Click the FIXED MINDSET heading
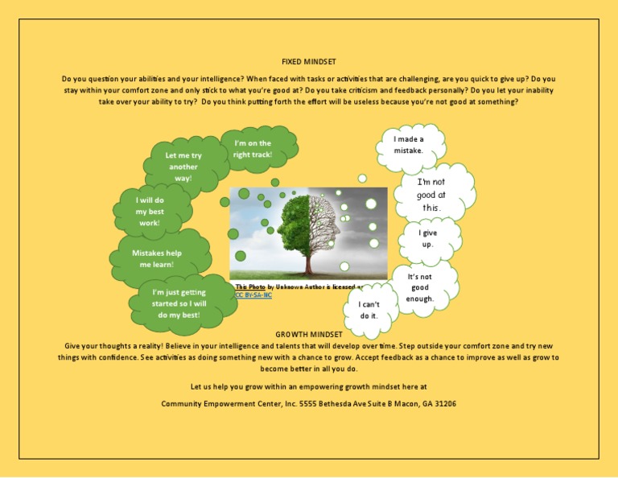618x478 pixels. click(x=309, y=62)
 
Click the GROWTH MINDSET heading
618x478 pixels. click(x=309, y=333)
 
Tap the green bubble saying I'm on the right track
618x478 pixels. click(x=253, y=149)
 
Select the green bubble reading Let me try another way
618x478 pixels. click(x=183, y=166)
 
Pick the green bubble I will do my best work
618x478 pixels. click(x=150, y=211)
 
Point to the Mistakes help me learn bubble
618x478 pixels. click(x=157, y=258)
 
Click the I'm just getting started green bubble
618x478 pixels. click(x=179, y=303)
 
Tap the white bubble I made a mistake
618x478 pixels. click(x=408, y=145)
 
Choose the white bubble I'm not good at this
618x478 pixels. click(x=431, y=195)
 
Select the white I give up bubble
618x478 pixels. click(x=427, y=238)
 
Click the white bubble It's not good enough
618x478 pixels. click(x=420, y=287)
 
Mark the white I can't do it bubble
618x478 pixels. click(x=369, y=311)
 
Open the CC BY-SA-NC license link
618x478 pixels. click(x=250, y=295)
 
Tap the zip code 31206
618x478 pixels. click(x=443, y=403)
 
